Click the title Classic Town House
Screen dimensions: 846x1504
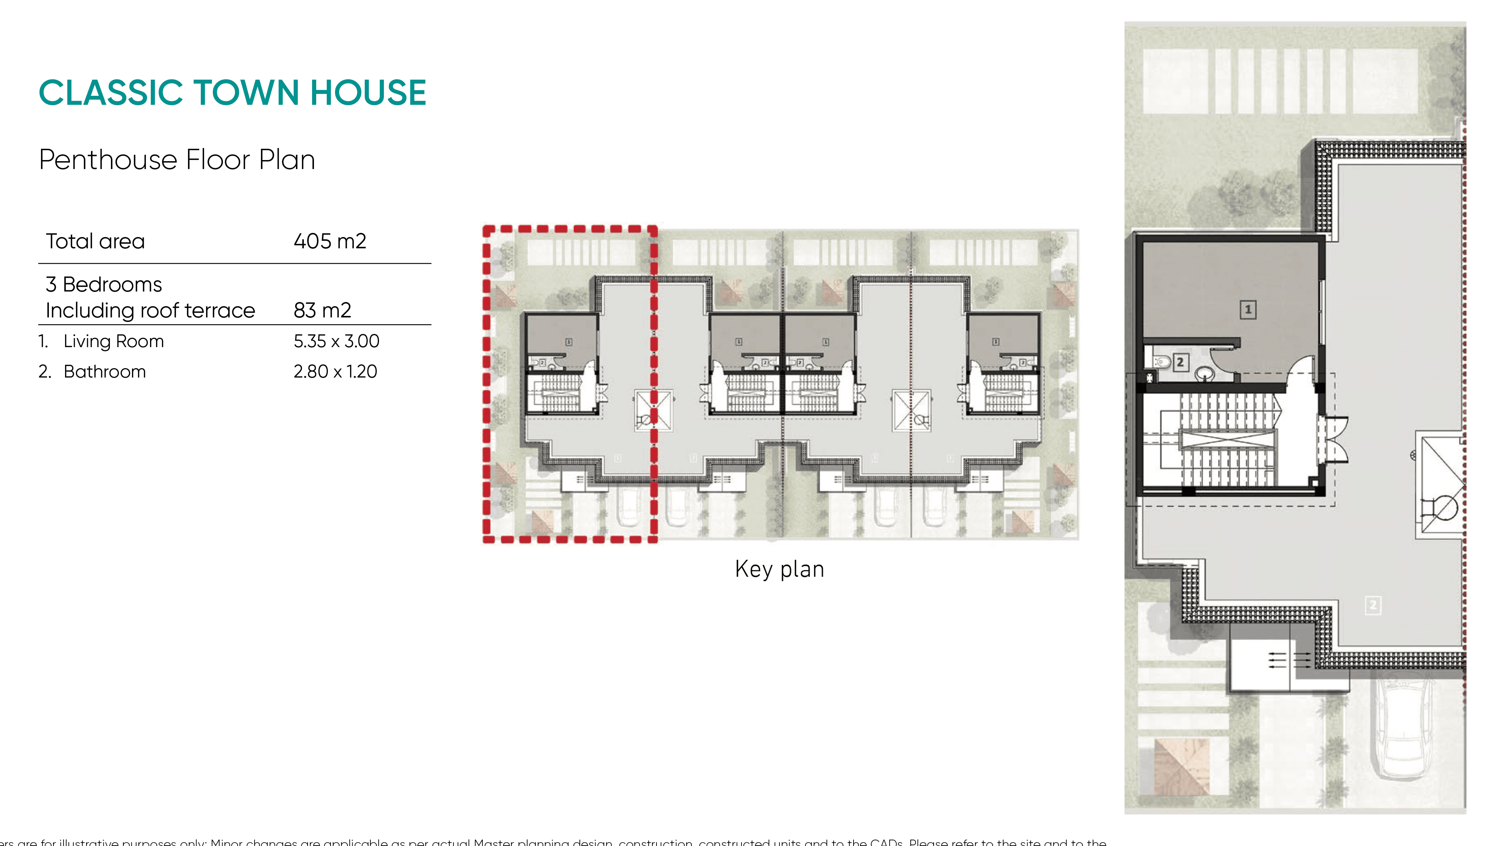pyautogui.click(x=232, y=93)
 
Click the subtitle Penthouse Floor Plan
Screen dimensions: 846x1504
pyautogui.click(x=177, y=160)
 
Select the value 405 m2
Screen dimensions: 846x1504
pyautogui.click(x=330, y=241)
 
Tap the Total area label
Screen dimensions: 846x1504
pyautogui.click(x=95, y=241)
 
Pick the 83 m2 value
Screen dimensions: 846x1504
pyautogui.click(x=322, y=310)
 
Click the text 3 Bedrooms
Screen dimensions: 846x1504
pyautogui.click(x=104, y=284)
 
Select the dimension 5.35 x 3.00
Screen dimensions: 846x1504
pyautogui.click(x=336, y=341)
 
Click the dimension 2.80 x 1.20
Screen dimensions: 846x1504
pyautogui.click(x=335, y=372)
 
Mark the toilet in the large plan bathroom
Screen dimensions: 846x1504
pyautogui.click(x=1161, y=362)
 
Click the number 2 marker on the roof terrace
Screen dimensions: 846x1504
pyautogui.click(x=1373, y=605)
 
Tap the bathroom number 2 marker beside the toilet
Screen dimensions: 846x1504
pyautogui.click(x=1180, y=362)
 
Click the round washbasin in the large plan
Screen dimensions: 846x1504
pyautogui.click(x=1204, y=373)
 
